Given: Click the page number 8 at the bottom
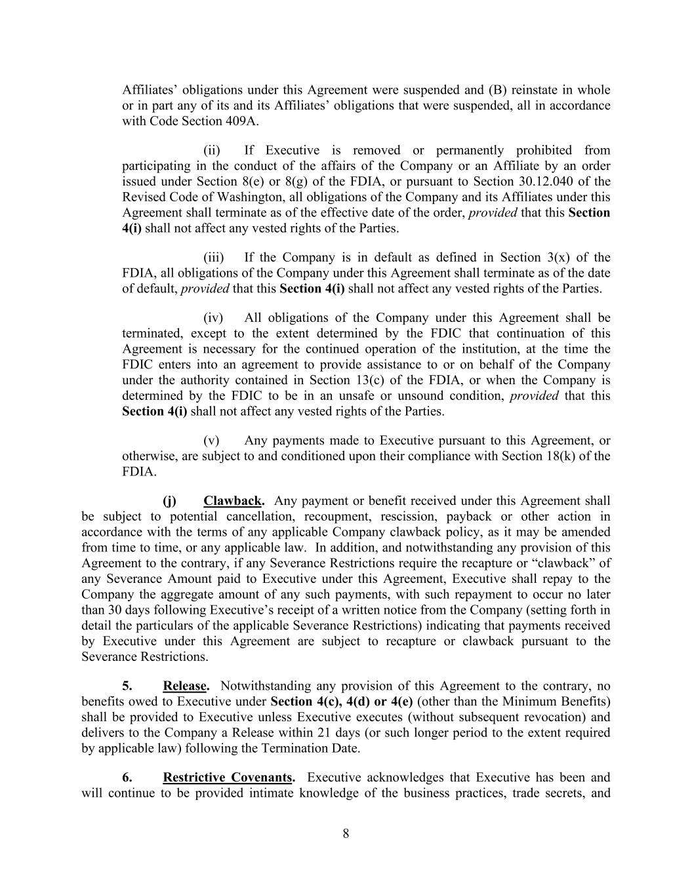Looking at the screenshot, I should coord(346,834).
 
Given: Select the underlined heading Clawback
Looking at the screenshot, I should coord(233,501).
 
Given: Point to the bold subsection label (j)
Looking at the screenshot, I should coord(169,501).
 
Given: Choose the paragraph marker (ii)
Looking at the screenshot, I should coord(212,150).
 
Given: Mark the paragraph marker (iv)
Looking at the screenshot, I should coord(213,318).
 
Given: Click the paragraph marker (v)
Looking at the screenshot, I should coord(211,441).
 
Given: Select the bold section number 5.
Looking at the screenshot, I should coord(127,686).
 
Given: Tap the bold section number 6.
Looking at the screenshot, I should coord(127,778).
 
